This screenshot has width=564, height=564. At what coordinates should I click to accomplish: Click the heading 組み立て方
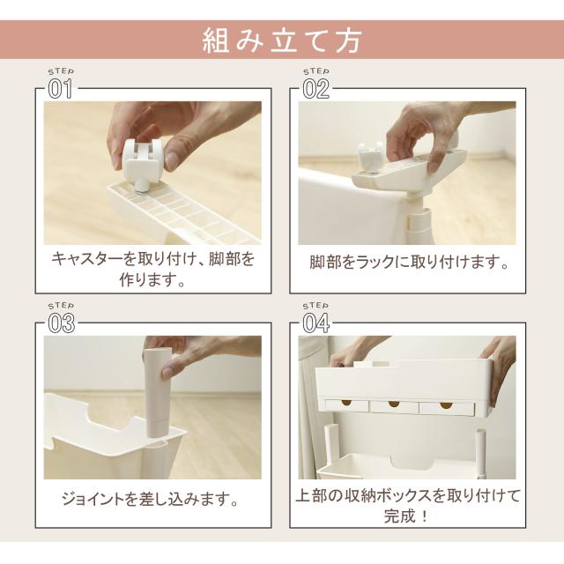coord(282,41)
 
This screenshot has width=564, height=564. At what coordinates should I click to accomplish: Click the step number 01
coord(60,88)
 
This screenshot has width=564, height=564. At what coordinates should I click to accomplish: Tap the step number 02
coord(315,89)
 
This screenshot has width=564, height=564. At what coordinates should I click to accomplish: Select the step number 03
coord(62,323)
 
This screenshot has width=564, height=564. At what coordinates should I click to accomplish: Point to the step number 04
coord(316,323)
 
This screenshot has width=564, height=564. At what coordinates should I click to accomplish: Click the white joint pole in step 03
coord(158,393)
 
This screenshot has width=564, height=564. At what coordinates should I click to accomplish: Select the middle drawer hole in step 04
coord(394,404)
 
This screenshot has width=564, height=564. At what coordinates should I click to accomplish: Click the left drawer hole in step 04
coord(347,403)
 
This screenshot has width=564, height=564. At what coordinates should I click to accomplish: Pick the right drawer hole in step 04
coord(446,405)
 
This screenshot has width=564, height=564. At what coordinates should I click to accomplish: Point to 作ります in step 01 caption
coord(148,279)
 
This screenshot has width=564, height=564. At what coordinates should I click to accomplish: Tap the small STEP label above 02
coord(315,72)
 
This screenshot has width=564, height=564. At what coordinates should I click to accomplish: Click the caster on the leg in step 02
coord(370,155)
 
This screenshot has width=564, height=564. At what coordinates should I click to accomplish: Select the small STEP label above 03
coord(61,306)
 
